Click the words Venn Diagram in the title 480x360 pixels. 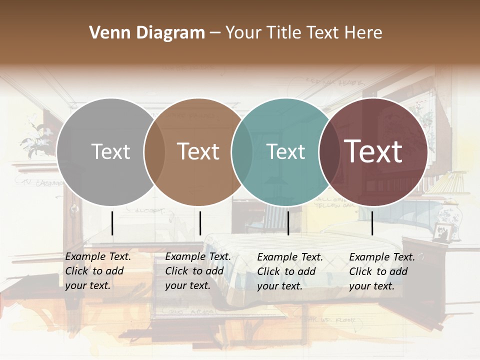tap(147, 33)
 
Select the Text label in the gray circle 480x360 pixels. tap(110, 151)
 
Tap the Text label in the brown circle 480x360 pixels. tap(198, 151)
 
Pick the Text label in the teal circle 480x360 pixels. tap(286, 151)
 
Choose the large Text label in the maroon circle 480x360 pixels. tap(373, 151)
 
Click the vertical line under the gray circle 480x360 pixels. tap(112, 223)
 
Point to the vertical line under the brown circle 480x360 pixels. tap(200, 223)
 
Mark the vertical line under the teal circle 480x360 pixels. tap(288, 223)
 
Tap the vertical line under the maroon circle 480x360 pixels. tap(372, 223)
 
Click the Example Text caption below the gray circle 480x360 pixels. tap(97, 271)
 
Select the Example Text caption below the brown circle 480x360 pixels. tap(197, 271)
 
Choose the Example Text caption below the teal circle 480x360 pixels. tap(289, 271)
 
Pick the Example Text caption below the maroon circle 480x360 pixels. tap(381, 271)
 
